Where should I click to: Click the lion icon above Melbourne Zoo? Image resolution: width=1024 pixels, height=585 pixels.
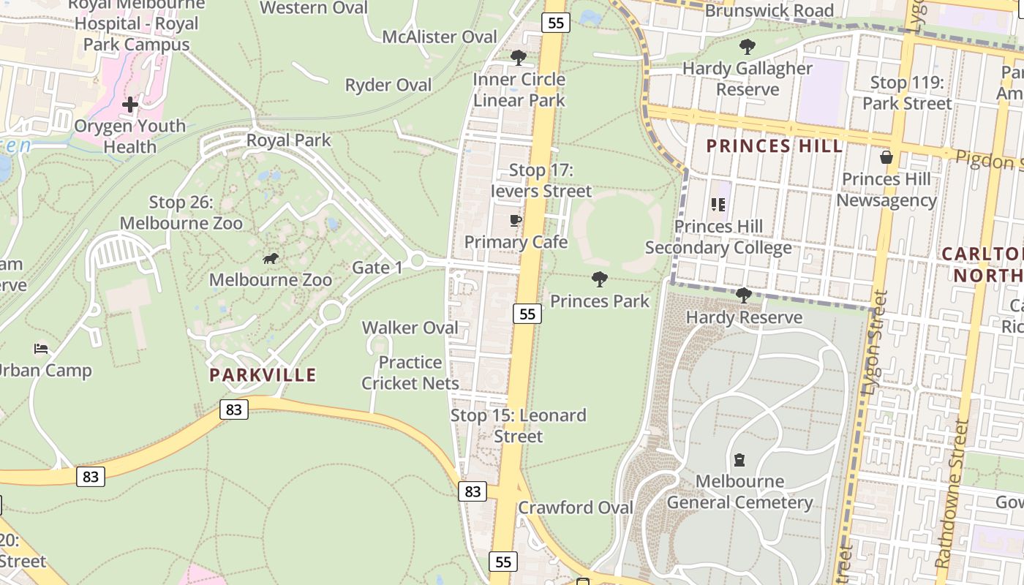pos(271,259)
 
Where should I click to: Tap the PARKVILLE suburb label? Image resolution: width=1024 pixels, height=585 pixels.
pos(263,375)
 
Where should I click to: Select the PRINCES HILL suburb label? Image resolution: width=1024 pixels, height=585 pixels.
pos(775,146)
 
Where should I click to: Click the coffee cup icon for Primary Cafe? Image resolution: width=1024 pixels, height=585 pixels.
pos(516,220)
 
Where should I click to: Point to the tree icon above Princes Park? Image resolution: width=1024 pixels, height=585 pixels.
pos(600,279)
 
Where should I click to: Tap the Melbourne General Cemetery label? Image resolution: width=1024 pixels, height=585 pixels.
pos(739,492)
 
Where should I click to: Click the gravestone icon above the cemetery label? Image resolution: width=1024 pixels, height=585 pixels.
pos(739,460)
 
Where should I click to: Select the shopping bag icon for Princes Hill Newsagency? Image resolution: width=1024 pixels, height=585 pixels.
pos(886,157)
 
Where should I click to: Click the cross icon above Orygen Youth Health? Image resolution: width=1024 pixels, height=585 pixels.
pos(130,105)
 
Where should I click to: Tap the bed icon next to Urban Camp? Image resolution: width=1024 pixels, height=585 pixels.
pos(41,349)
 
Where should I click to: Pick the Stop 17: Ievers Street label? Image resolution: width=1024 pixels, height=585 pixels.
pos(541,181)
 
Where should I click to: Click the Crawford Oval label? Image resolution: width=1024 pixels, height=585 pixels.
pos(576,507)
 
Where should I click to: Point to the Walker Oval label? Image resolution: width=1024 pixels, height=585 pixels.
pos(410,328)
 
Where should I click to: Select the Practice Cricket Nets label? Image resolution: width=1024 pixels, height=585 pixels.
pos(410,373)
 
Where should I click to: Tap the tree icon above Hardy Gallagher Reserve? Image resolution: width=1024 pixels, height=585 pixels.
pos(747,48)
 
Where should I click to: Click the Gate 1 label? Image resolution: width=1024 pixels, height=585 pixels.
pos(377,268)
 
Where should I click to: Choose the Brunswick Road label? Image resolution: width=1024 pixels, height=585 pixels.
pos(769,11)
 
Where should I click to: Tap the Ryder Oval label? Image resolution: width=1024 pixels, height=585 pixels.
pos(388,86)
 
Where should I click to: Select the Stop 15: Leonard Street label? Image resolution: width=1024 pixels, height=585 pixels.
pos(519,426)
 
